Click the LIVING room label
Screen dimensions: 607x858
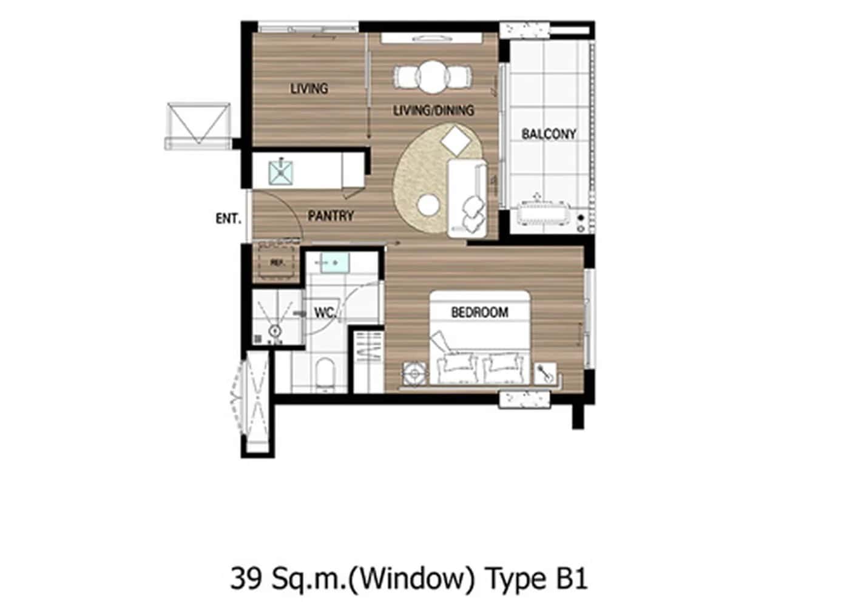click(x=309, y=89)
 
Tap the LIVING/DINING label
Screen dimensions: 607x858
click(x=433, y=110)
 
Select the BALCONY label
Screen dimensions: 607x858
click(x=549, y=134)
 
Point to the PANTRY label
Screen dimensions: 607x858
click(x=331, y=216)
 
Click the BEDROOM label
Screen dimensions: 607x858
click(x=479, y=313)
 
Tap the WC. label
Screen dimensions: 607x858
click(x=325, y=313)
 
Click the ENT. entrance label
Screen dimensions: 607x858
click(x=228, y=219)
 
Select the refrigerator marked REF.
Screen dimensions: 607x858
click(x=277, y=263)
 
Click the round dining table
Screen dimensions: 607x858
click(x=433, y=76)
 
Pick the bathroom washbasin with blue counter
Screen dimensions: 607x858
click(x=331, y=263)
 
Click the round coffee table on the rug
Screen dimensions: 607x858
click(x=429, y=205)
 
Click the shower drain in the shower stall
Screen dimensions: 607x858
click(x=275, y=331)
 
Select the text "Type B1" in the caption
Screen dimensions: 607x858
click(x=536, y=578)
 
